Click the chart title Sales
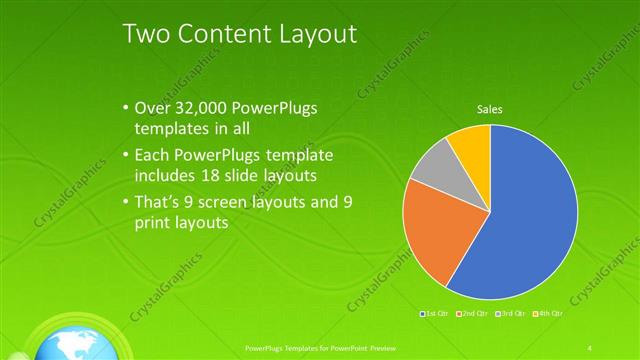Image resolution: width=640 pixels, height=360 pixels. pos(489,109)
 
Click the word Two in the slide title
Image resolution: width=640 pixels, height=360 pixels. pos(146,34)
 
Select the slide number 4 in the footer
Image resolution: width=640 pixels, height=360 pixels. pos(590,347)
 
